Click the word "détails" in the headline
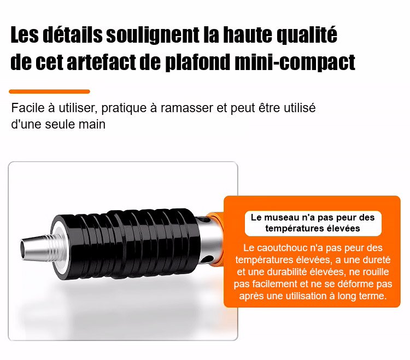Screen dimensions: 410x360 coord(72,34)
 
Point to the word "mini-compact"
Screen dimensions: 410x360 coord(295,63)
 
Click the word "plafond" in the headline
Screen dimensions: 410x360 coord(198,63)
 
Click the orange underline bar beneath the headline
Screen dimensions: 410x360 coord(49,91)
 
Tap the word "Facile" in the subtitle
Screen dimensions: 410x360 coord(28,108)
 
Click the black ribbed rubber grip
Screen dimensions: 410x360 coord(126,243)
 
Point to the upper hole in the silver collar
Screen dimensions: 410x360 coord(205,219)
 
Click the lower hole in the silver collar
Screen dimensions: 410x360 coord(208,259)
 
